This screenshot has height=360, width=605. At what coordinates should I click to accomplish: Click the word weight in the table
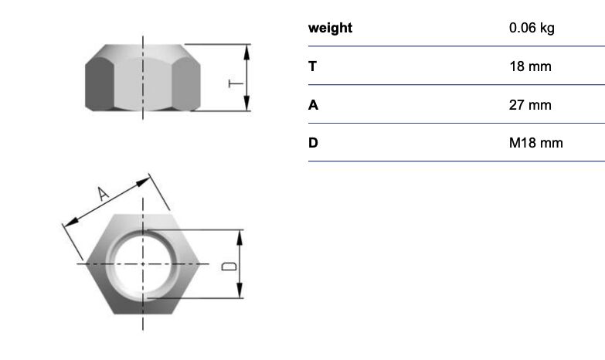[330, 28]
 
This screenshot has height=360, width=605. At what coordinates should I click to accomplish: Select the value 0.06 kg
[532, 28]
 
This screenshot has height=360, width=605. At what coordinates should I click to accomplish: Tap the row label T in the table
[312, 66]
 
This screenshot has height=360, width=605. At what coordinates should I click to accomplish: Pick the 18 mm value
[530, 66]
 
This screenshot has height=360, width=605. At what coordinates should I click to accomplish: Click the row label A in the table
[313, 105]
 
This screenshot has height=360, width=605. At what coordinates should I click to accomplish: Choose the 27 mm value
[530, 105]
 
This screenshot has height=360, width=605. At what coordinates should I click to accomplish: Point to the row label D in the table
[313, 143]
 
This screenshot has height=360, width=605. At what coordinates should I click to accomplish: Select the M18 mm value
[536, 143]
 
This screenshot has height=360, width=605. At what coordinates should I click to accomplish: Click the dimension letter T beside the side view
[236, 83]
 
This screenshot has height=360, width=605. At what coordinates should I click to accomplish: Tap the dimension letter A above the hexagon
[103, 194]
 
